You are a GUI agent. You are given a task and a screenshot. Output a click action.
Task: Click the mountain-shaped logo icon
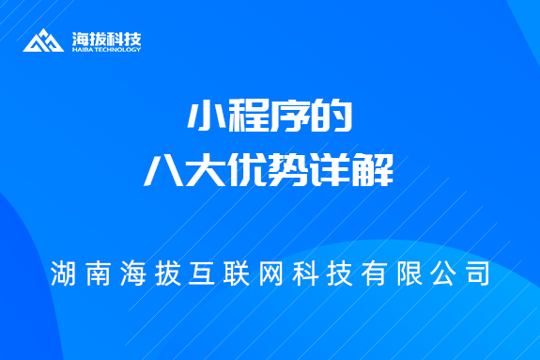[x=43, y=41]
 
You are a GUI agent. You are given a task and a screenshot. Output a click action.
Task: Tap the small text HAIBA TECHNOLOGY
[x=106, y=50]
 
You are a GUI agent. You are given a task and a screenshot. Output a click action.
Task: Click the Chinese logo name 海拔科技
[x=106, y=39]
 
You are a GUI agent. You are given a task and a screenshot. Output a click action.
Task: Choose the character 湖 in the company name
[x=66, y=274]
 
